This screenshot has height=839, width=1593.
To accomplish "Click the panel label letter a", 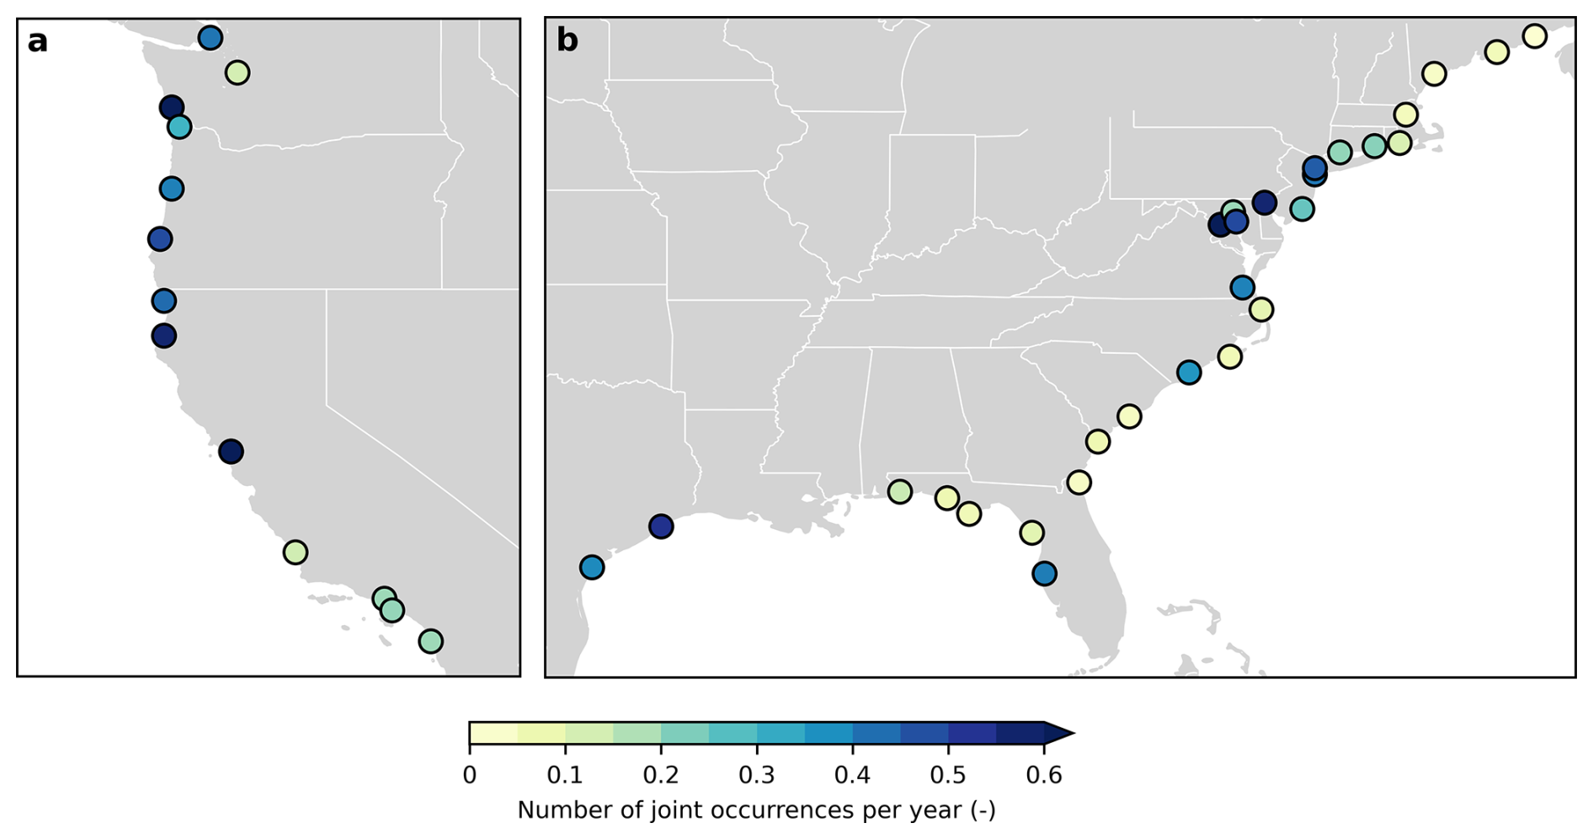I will (x=37, y=42).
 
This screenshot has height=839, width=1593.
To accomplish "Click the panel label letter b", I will (x=567, y=41).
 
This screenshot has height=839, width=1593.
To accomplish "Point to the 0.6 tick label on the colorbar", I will (x=1044, y=776).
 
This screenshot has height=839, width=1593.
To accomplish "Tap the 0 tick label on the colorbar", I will (x=469, y=776).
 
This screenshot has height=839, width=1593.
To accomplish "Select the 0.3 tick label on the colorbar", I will (x=757, y=776).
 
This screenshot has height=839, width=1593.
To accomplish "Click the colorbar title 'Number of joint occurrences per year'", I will (x=756, y=810).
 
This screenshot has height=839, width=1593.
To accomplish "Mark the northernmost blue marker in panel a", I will (x=210, y=38).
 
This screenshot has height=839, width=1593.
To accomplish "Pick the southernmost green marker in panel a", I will (x=430, y=641).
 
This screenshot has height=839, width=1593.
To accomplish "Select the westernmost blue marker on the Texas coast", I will (x=592, y=567).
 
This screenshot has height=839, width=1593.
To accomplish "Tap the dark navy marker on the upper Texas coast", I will (x=661, y=526).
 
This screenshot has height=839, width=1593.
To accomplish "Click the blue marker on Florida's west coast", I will (x=1044, y=574).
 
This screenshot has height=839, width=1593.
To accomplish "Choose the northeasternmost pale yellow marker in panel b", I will (x=1534, y=36).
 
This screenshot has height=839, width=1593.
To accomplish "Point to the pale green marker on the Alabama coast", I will (x=899, y=492).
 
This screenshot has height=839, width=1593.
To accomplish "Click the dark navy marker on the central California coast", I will (x=231, y=452).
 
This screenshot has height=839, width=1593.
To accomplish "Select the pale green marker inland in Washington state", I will (x=237, y=73).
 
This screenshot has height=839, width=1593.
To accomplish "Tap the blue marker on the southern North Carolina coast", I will (x=1189, y=372).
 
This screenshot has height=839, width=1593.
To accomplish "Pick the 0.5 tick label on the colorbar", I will (x=948, y=776).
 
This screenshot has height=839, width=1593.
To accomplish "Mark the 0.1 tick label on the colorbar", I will (x=565, y=776).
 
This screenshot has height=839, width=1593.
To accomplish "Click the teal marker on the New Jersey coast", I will (x=1302, y=209).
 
